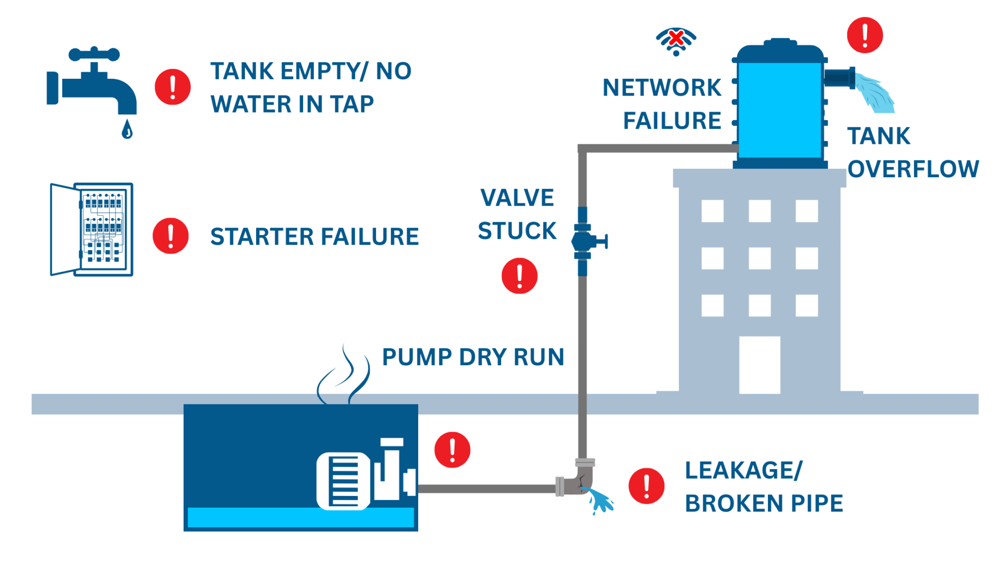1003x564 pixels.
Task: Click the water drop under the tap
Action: [127, 130]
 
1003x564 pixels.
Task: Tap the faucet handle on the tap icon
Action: [94, 54]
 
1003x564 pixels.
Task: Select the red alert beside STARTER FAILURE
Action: [170, 235]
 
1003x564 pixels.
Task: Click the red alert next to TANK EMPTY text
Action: [172, 87]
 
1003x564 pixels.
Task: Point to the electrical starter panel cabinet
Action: [92, 229]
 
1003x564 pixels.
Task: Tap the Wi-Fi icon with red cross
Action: [676, 41]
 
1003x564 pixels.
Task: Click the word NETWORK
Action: [662, 88]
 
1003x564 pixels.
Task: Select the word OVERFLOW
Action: [913, 169]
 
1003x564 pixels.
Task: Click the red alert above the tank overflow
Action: [865, 35]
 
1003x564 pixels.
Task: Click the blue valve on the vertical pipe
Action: [585, 241]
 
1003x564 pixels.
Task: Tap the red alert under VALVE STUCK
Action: [519, 276]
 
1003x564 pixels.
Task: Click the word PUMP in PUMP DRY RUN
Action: [417, 357]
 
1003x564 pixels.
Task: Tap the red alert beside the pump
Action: [452, 449]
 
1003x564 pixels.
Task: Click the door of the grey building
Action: [759, 364]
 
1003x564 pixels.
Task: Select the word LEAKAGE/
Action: [743, 470]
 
